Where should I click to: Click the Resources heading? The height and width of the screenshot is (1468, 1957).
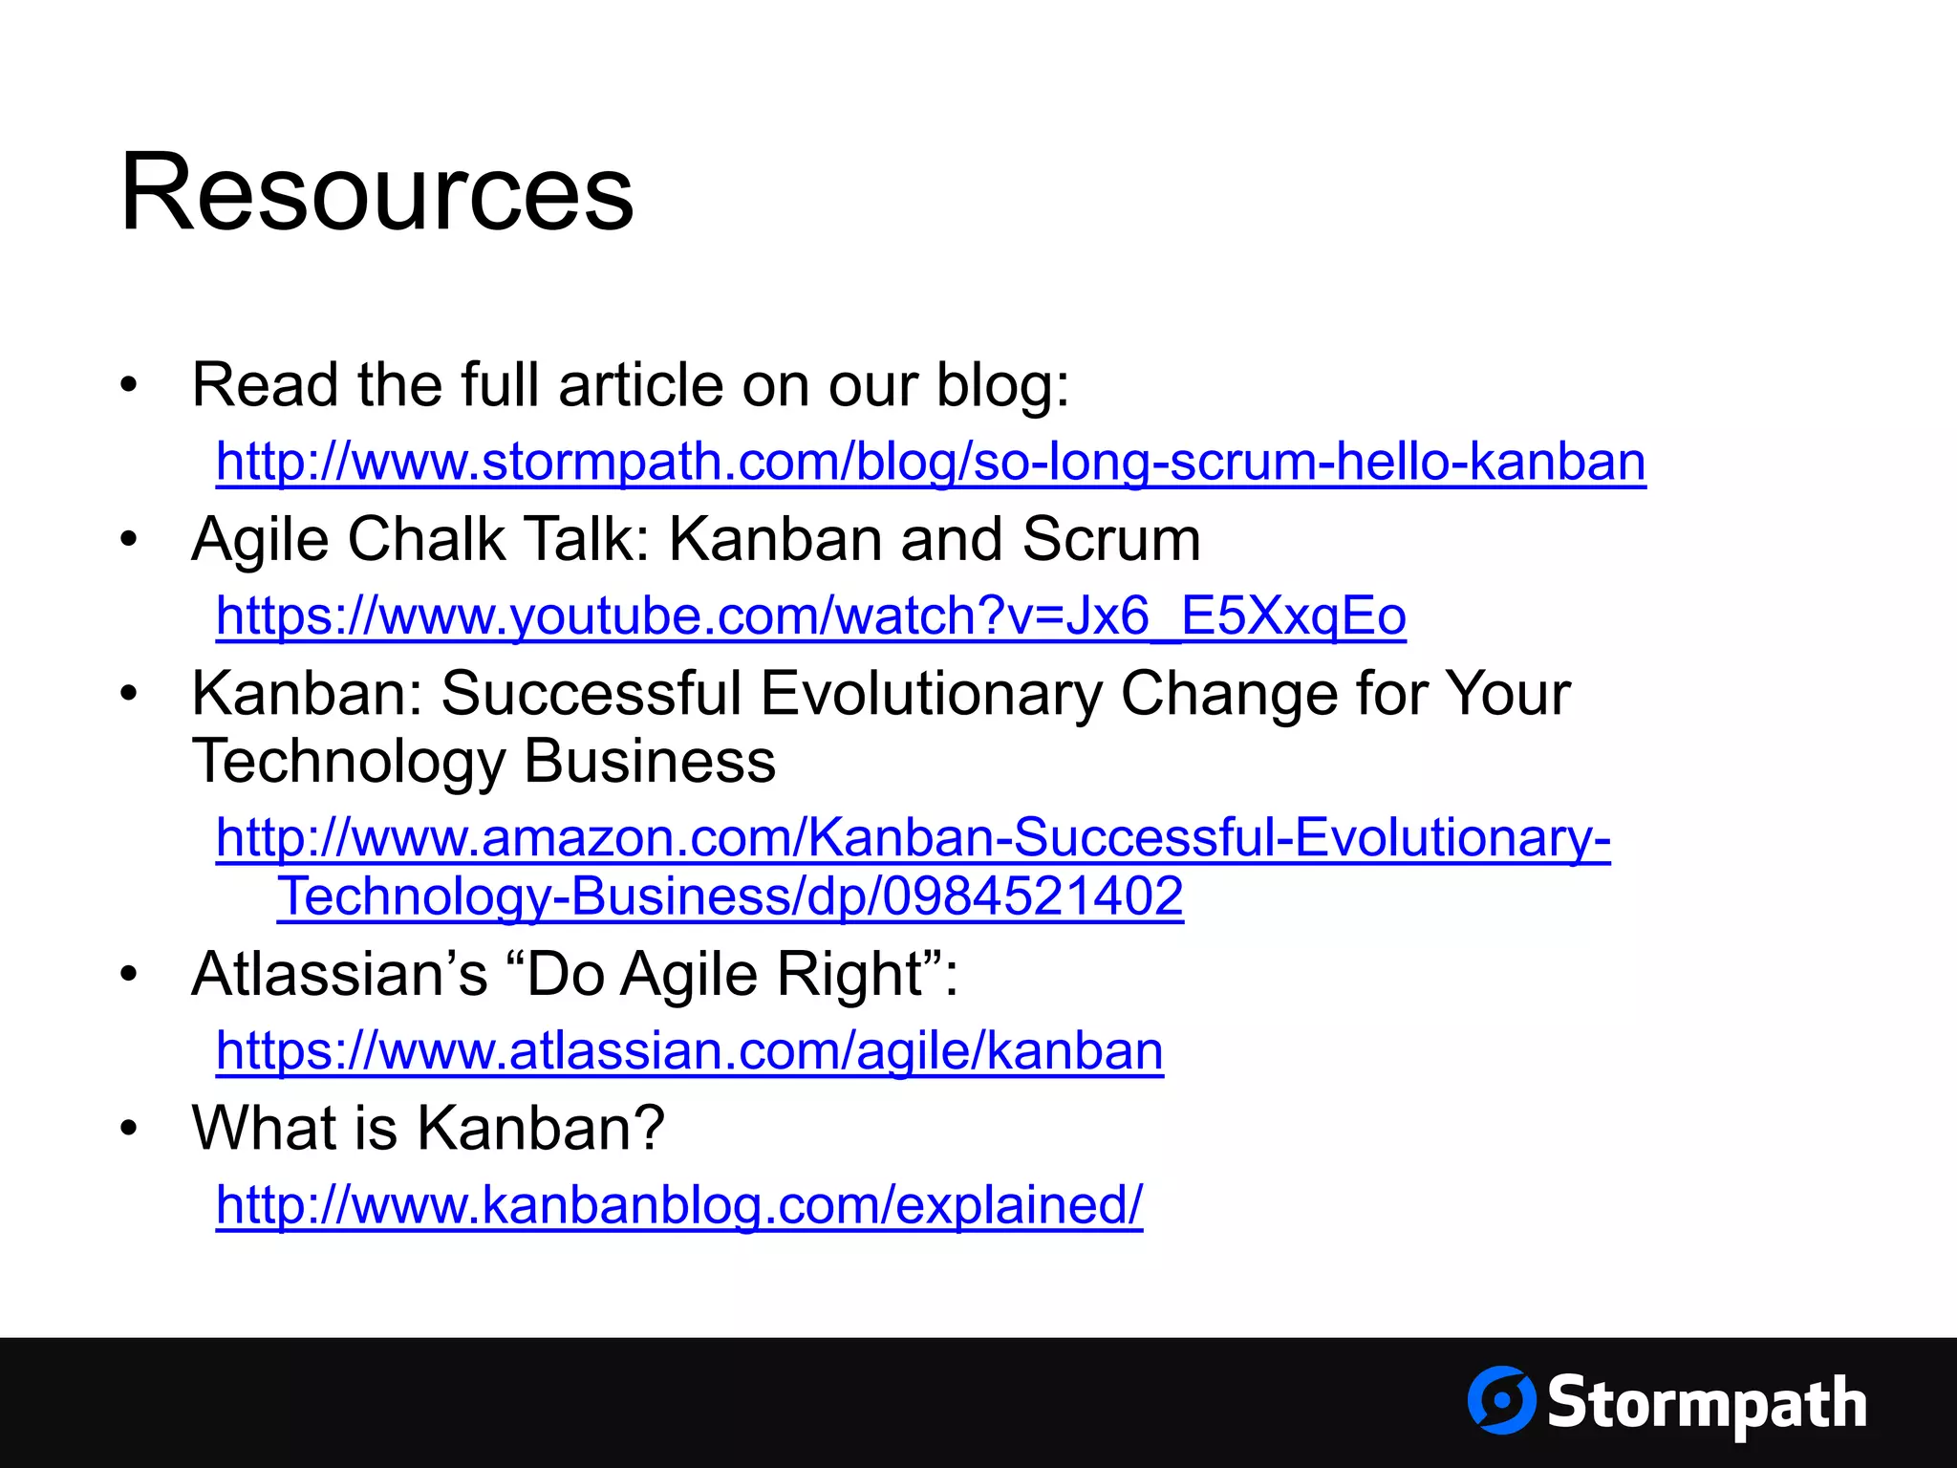tap(376, 193)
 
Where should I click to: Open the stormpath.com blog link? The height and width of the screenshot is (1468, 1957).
tap(931, 463)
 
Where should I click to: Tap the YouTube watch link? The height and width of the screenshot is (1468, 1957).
tap(810, 616)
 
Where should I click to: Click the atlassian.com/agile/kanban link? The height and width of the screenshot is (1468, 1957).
tap(689, 1051)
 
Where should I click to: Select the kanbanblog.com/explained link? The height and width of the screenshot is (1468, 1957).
tap(678, 1205)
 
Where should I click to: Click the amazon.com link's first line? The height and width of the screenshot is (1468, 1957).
tap(913, 838)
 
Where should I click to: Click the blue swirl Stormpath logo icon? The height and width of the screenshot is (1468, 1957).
tap(1501, 1400)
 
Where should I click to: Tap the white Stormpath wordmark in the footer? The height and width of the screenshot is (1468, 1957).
tap(1707, 1403)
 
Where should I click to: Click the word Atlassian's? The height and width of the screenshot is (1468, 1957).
tap(339, 975)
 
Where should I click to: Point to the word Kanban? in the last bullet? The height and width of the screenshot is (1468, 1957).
tap(540, 1129)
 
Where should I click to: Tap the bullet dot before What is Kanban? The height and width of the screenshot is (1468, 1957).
tap(129, 1129)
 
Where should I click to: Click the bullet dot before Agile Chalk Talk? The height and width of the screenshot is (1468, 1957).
tap(129, 540)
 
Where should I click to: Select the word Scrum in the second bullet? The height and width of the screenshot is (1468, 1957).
tap(1110, 540)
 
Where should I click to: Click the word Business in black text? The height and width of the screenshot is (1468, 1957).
tap(649, 762)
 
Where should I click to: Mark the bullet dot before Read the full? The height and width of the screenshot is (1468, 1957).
tap(129, 386)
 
